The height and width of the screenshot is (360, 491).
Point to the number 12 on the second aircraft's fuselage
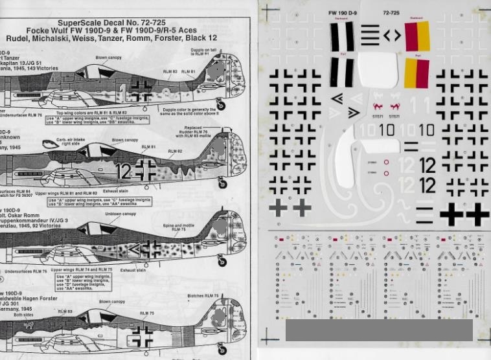(x=125, y=172)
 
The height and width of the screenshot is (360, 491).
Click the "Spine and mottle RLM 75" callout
(x=179, y=227)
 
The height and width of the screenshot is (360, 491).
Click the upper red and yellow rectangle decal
(x=417, y=36)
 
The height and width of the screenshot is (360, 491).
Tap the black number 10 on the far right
(x=426, y=130)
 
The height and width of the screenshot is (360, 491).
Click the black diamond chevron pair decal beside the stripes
(x=392, y=36)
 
